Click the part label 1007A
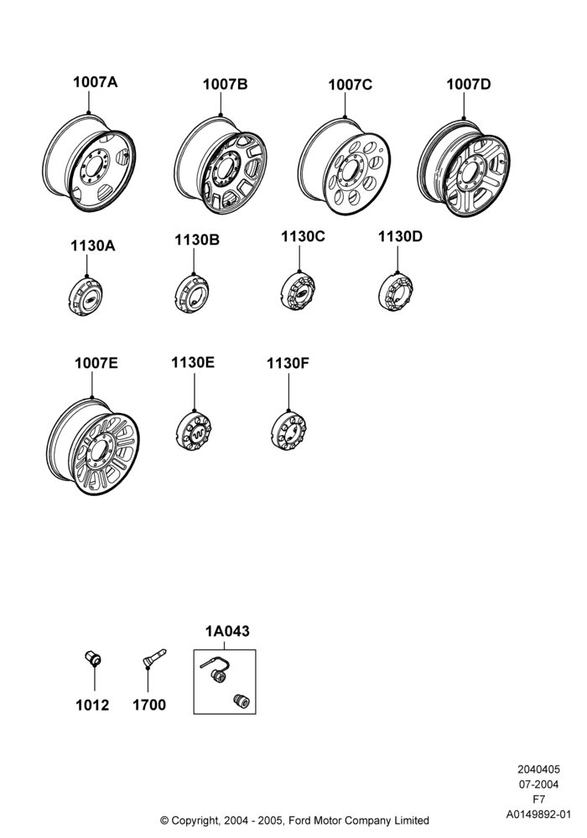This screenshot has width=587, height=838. (95, 82)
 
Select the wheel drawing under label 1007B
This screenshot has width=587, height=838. (221, 165)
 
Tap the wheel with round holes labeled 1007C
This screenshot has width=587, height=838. (345, 166)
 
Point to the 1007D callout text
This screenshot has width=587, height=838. (468, 84)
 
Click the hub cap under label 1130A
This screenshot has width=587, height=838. (86, 296)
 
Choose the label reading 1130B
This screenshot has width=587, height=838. (197, 240)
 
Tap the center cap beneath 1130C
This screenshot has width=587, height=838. (298, 292)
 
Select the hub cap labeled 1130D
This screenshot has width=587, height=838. (396, 292)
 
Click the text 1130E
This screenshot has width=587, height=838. (193, 362)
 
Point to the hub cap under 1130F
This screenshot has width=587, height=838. (288, 430)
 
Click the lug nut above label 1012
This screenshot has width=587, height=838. (93, 659)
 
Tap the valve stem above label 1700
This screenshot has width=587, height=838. (154, 658)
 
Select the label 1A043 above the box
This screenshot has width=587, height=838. (227, 631)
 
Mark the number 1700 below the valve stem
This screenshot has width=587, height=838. (149, 705)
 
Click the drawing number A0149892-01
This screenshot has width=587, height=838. (539, 815)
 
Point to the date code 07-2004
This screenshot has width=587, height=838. (539, 784)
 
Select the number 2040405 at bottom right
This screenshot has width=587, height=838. (539, 769)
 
